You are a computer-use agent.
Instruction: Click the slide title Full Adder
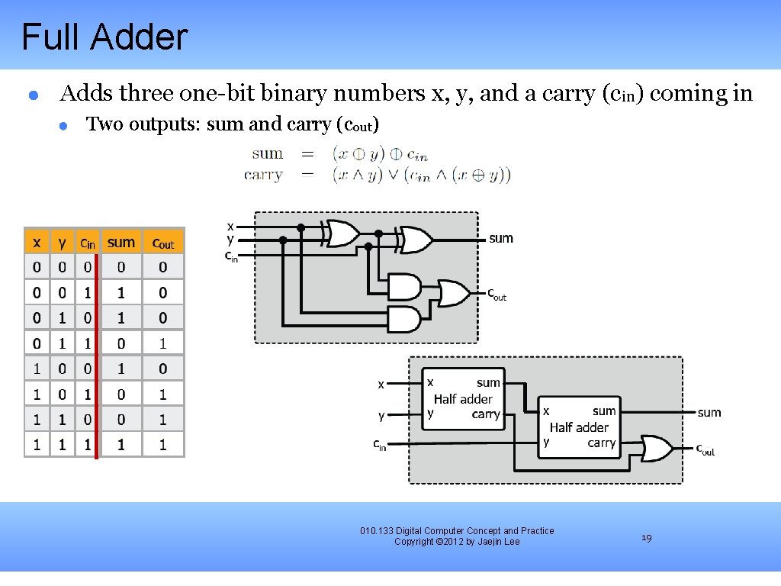pyautogui.click(x=104, y=37)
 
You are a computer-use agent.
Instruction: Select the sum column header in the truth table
pyautogui.click(x=121, y=242)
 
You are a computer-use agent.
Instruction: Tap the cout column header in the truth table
pyautogui.click(x=163, y=243)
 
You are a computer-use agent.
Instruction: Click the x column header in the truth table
pyautogui.click(x=37, y=243)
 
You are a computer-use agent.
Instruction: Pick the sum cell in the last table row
pyautogui.click(x=121, y=444)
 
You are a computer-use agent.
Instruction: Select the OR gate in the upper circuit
pyautogui.click(x=453, y=292)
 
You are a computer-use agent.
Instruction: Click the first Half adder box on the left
pyautogui.click(x=463, y=398)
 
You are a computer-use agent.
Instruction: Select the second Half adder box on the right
pyautogui.click(x=579, y=427)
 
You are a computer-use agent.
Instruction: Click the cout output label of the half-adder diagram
pyautogui.click(x=705, y=449)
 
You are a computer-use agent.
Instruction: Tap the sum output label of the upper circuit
pyautogui.click(x=501, y=238)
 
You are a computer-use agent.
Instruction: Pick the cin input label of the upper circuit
pyautogui.click(x=230, y=256)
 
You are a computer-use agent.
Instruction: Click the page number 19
pyautogui.click(x=646, y=538)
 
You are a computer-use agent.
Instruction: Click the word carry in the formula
pyautogui.click(x=263, y=175)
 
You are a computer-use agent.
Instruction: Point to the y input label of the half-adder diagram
pyautogui.click(x=381, y=416)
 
